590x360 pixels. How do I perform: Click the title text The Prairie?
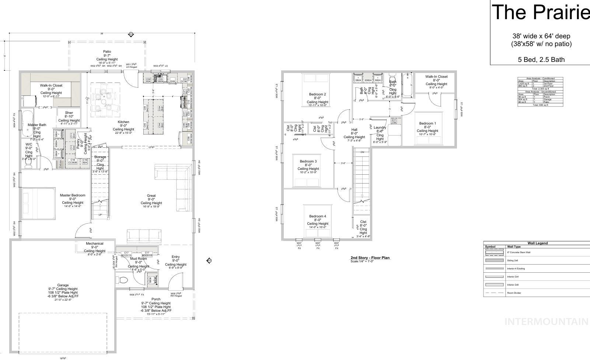540,12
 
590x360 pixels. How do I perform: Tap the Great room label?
151,196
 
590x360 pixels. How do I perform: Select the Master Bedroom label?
73,195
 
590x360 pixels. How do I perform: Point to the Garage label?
63,285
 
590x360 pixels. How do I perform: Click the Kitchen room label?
123,122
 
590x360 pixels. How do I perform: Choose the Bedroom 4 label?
317,216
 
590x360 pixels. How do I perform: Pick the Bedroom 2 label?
317,94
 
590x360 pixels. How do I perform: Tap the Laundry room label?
380,127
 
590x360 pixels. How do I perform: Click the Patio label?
107,52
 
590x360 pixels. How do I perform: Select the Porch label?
156,299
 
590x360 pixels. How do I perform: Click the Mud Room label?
139,259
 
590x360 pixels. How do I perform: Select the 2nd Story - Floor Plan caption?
370,258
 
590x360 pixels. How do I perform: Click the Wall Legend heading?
537,243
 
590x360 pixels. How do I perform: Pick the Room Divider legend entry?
514,293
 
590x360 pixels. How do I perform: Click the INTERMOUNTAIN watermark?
546,322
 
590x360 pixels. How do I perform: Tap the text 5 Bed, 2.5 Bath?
541,60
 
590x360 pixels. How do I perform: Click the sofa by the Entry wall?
144,235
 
